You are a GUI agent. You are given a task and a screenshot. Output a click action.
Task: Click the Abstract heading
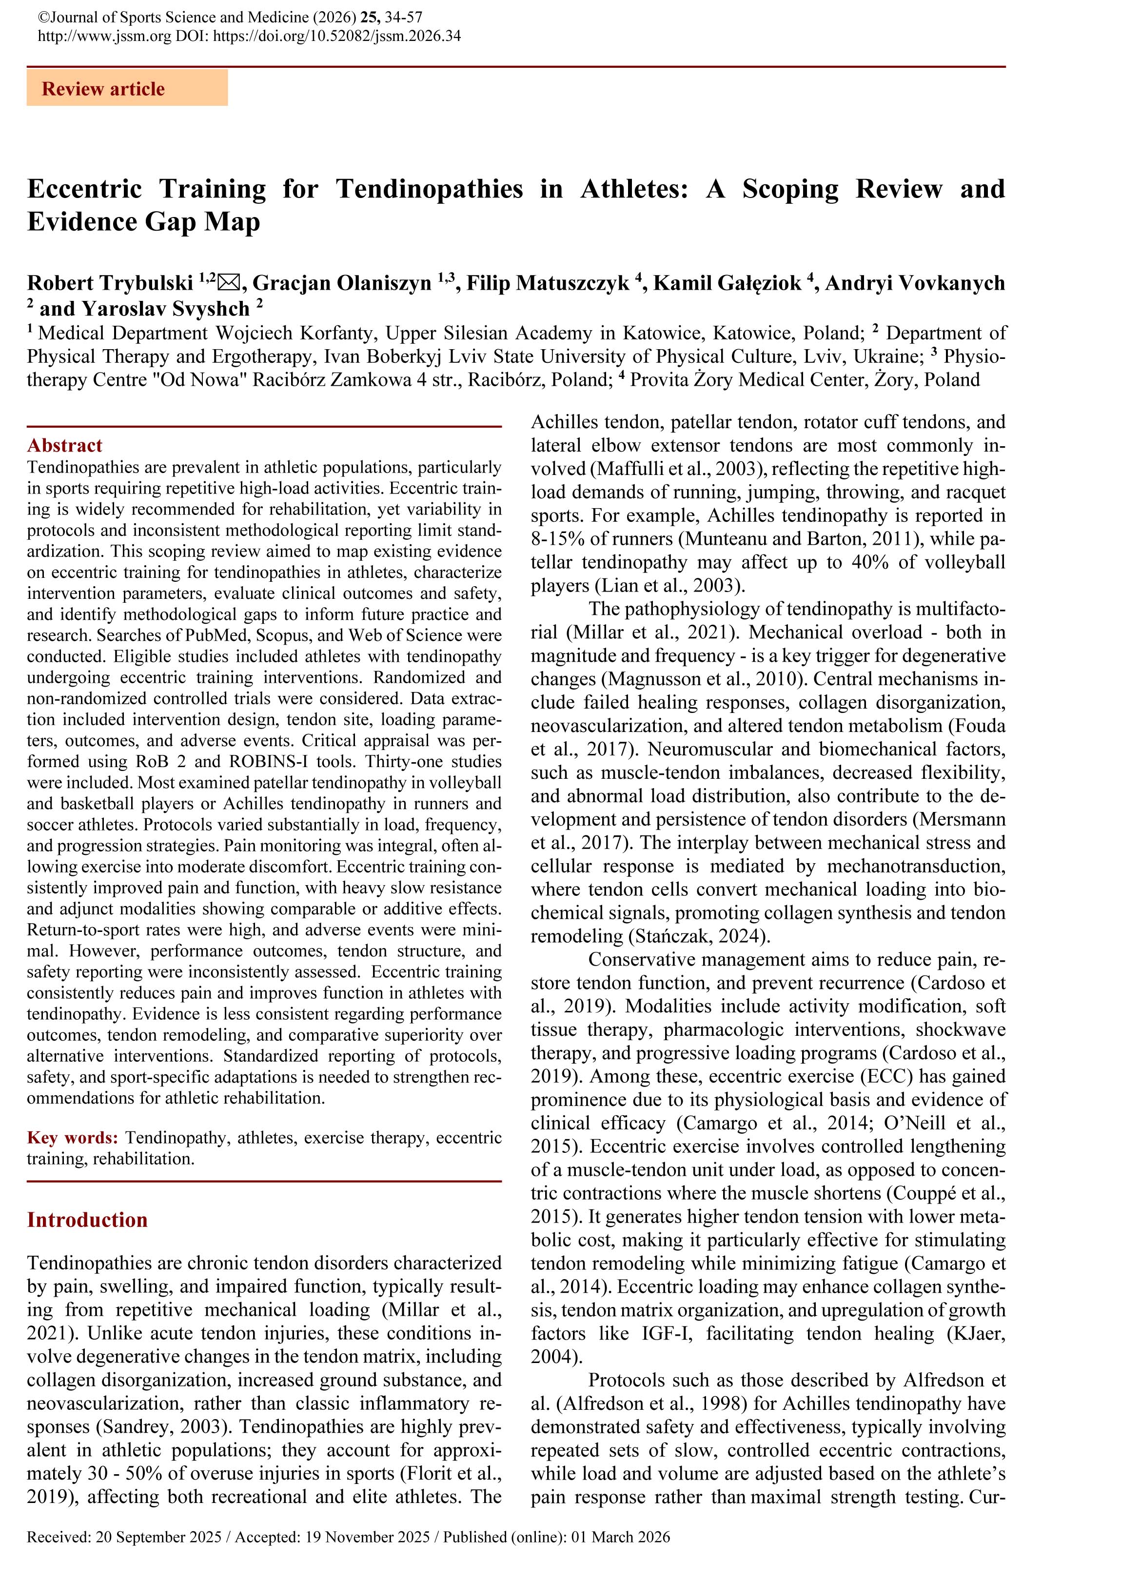(x=64, y=445)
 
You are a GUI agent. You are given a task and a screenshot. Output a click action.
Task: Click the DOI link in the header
(x=337, y=36)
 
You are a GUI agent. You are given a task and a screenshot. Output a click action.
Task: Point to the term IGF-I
(x=666, y=1333)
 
